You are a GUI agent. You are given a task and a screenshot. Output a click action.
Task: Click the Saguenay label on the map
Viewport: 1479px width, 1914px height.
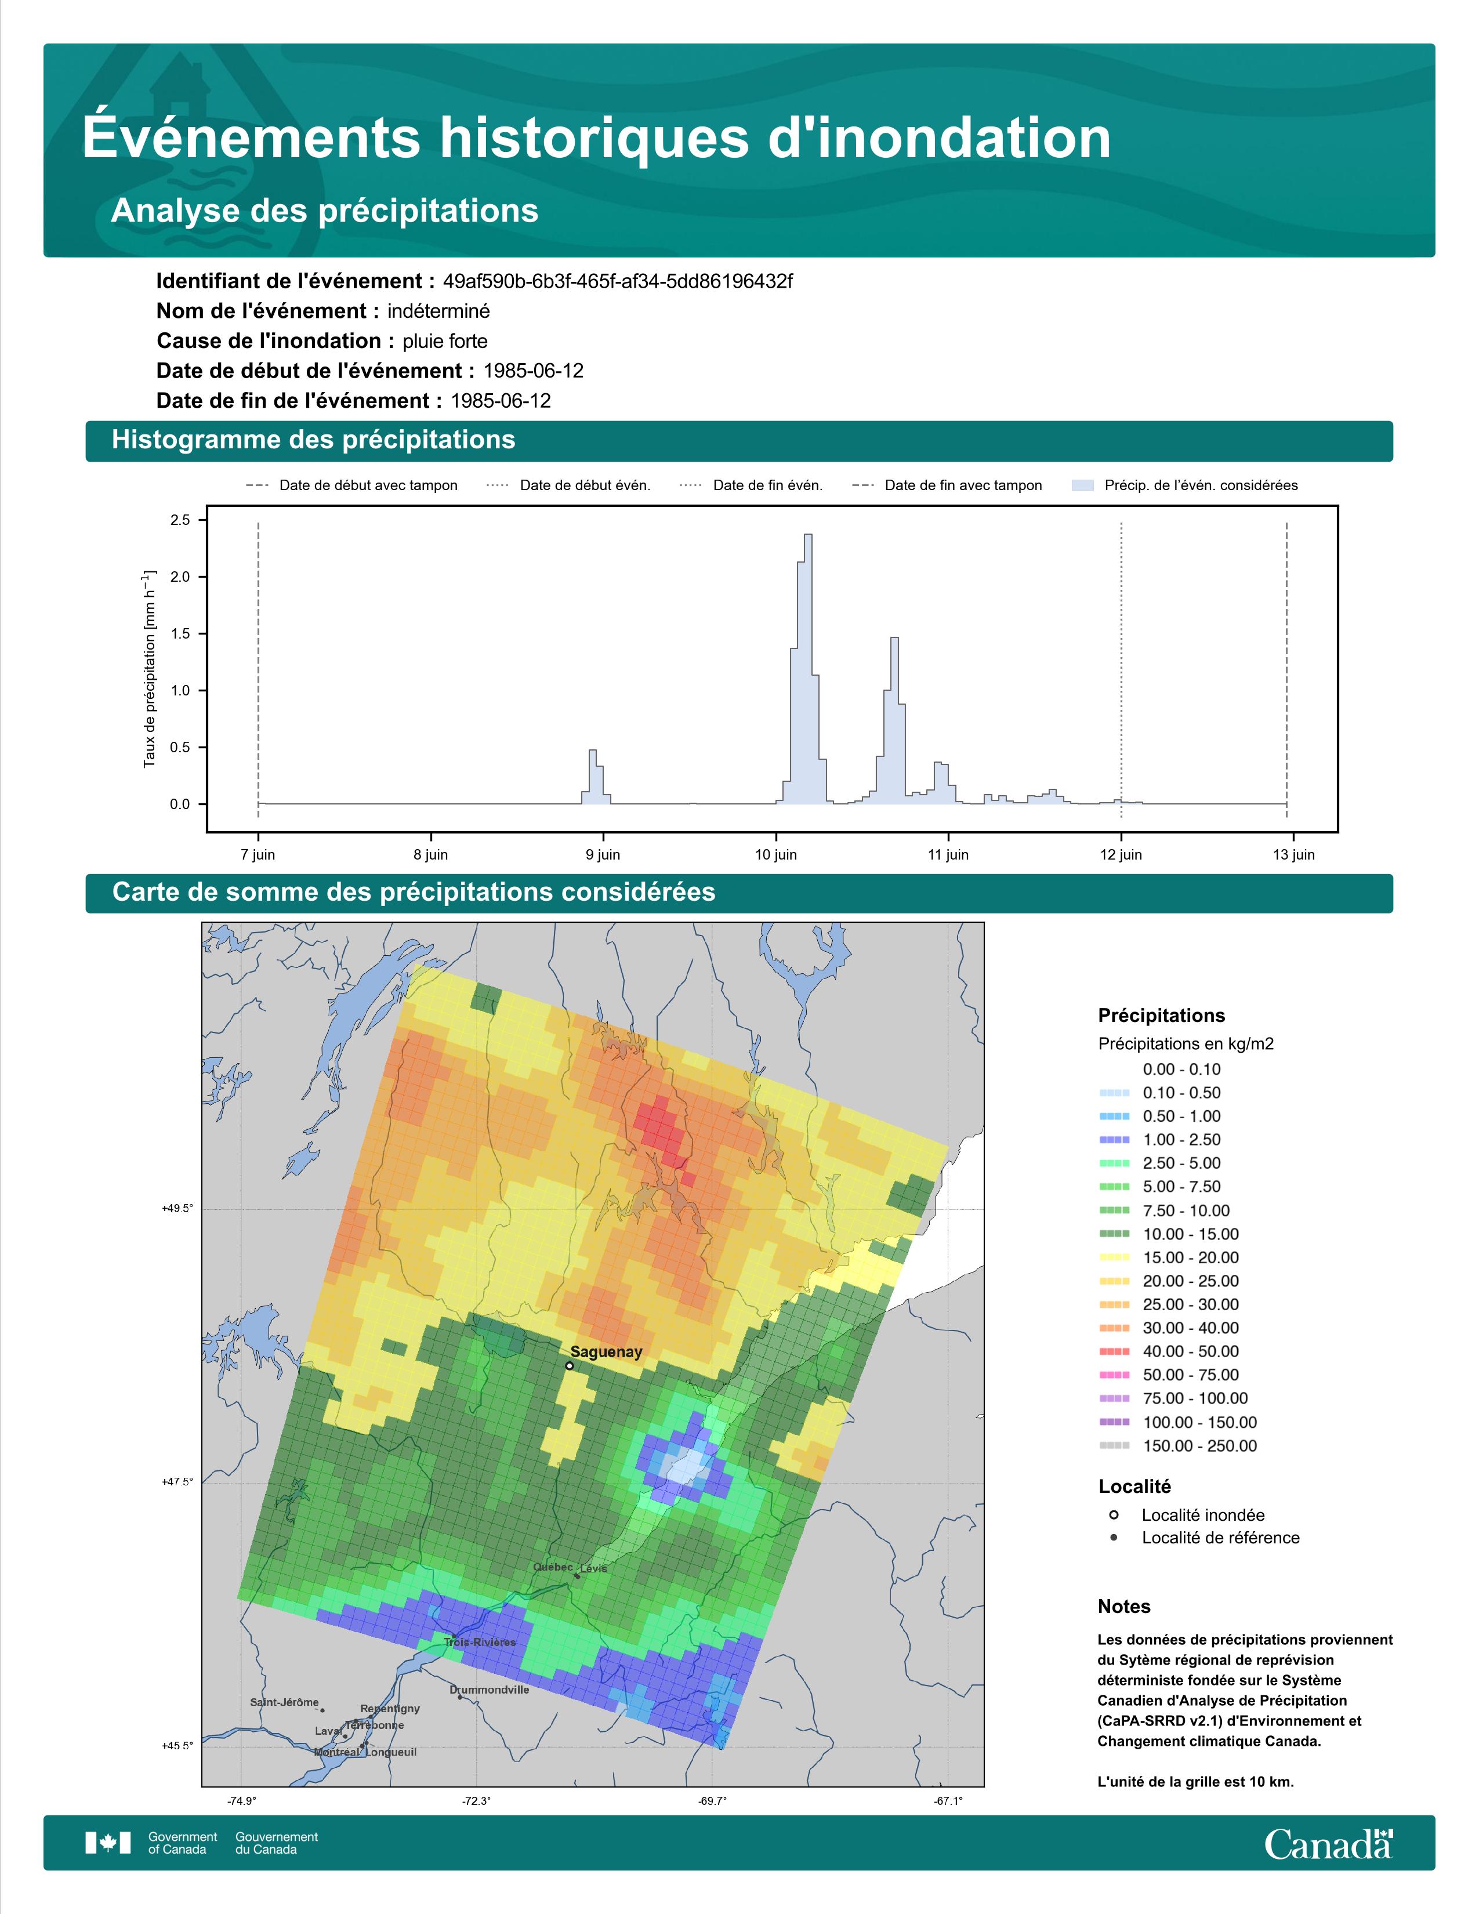click(x=606, y=1352)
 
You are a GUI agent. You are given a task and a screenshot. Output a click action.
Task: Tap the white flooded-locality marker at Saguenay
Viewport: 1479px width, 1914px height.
click(x=570, y=1365)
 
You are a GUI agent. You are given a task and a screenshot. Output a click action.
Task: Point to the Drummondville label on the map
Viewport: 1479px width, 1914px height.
click(x=489, y=1690)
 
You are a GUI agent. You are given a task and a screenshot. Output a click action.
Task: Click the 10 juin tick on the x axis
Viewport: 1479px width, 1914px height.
click(x=776, y=854)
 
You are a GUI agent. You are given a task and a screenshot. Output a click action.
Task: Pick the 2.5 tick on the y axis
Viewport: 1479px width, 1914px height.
click(x=180, y=520)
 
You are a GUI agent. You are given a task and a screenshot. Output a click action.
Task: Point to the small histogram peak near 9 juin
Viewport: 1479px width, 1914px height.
click(x=592, y=752)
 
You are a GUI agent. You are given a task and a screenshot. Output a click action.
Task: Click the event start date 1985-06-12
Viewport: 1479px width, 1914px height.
click(x=534, y=371)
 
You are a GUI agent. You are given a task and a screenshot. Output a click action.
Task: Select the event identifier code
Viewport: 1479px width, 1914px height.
click(x=618, y=281)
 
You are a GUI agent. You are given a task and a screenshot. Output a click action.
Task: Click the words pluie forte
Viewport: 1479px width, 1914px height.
click(x=445, y=341)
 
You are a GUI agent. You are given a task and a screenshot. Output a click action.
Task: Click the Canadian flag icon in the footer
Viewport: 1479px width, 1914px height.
click(x=108, y=1843)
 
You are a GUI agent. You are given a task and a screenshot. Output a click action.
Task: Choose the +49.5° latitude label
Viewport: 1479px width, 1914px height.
click(x=177, y=1209)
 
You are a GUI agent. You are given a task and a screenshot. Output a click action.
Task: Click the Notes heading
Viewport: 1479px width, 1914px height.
click(x=1124, y=1607)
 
